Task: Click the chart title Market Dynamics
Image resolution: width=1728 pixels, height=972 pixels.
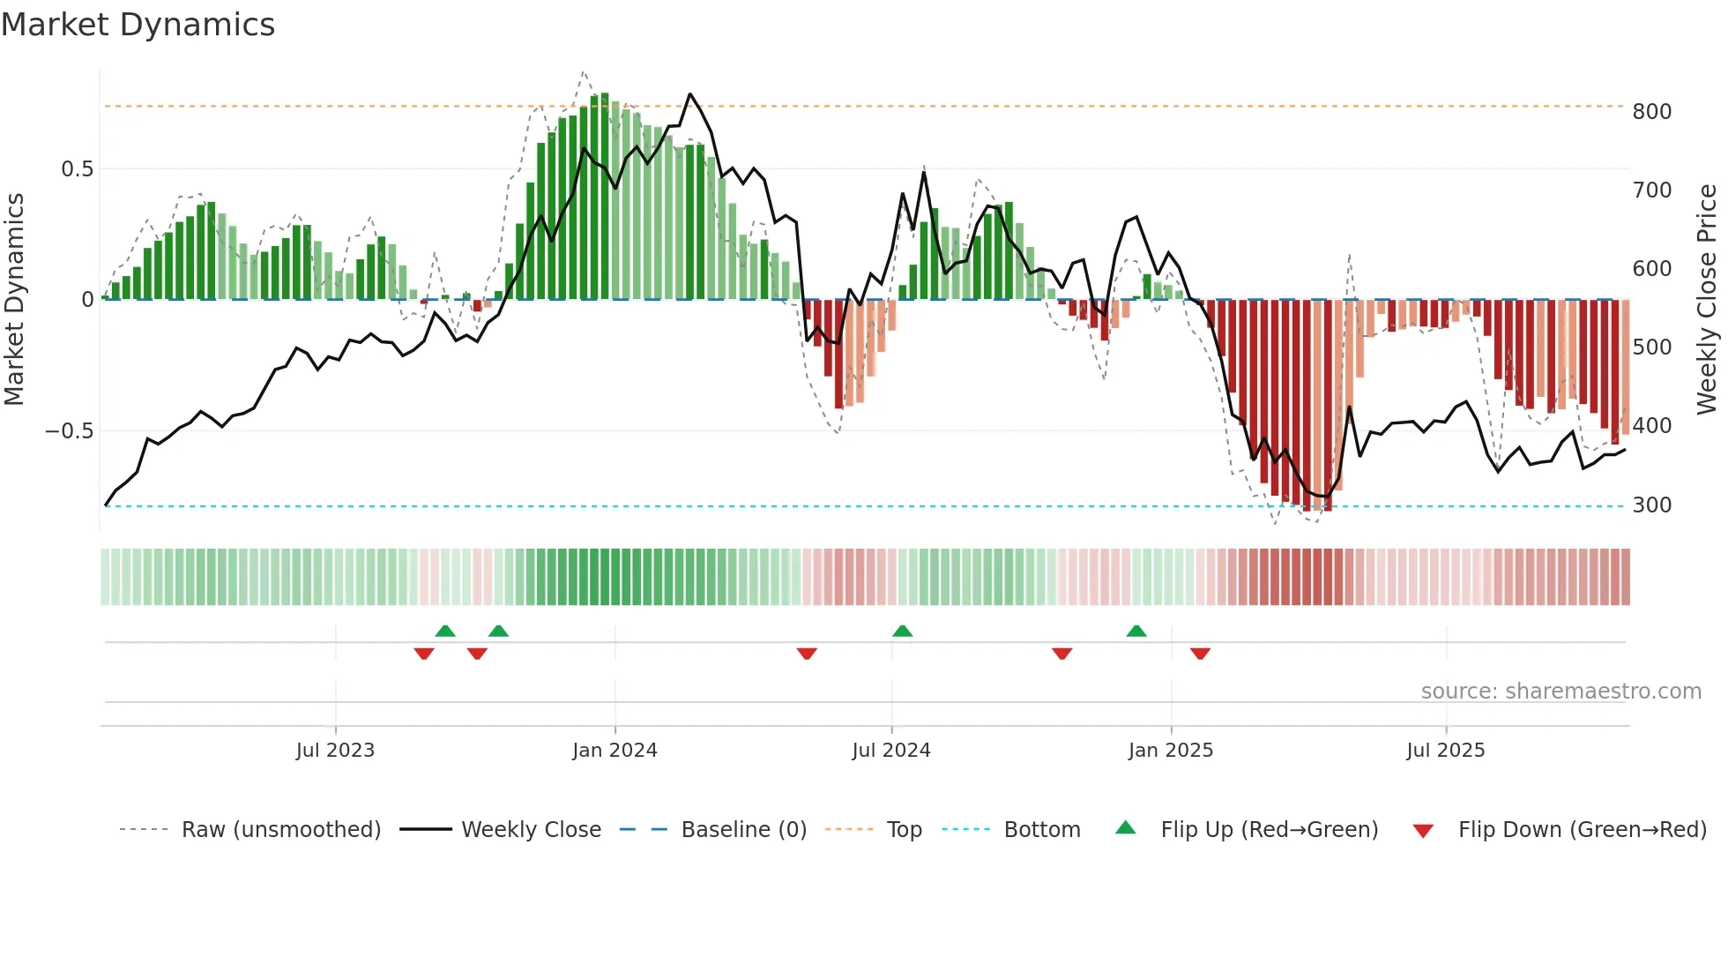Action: click(x=138, y=25)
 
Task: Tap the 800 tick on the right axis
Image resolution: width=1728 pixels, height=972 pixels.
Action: click(x=1651, y=112)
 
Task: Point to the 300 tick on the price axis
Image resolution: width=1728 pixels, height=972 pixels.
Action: click(x=1651, y=505)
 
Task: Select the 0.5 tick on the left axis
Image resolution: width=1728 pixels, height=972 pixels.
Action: click(x=77, y=169)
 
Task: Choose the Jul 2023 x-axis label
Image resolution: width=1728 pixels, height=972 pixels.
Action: click(x=335, y=751)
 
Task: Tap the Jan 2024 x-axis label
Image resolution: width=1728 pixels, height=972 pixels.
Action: click(x=614, y=751)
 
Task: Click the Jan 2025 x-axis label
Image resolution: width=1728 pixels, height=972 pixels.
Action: click(x=1170, y=751)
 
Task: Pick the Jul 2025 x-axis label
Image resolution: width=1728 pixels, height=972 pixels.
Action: click(x=1445, y=751)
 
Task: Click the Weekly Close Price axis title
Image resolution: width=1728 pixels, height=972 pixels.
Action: click(x=1707, y=299)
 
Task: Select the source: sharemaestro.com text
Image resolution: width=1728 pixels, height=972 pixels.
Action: click(x=1560, y=692)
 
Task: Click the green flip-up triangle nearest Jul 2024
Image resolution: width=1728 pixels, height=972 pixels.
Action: click(x=902, y=632)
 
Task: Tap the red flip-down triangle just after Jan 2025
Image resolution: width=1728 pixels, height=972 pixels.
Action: click(x=1200, y=654)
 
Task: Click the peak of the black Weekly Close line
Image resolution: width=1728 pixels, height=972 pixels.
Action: click(x=689, y=94)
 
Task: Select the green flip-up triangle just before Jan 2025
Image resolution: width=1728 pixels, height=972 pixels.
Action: click(x=1136, y=632)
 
